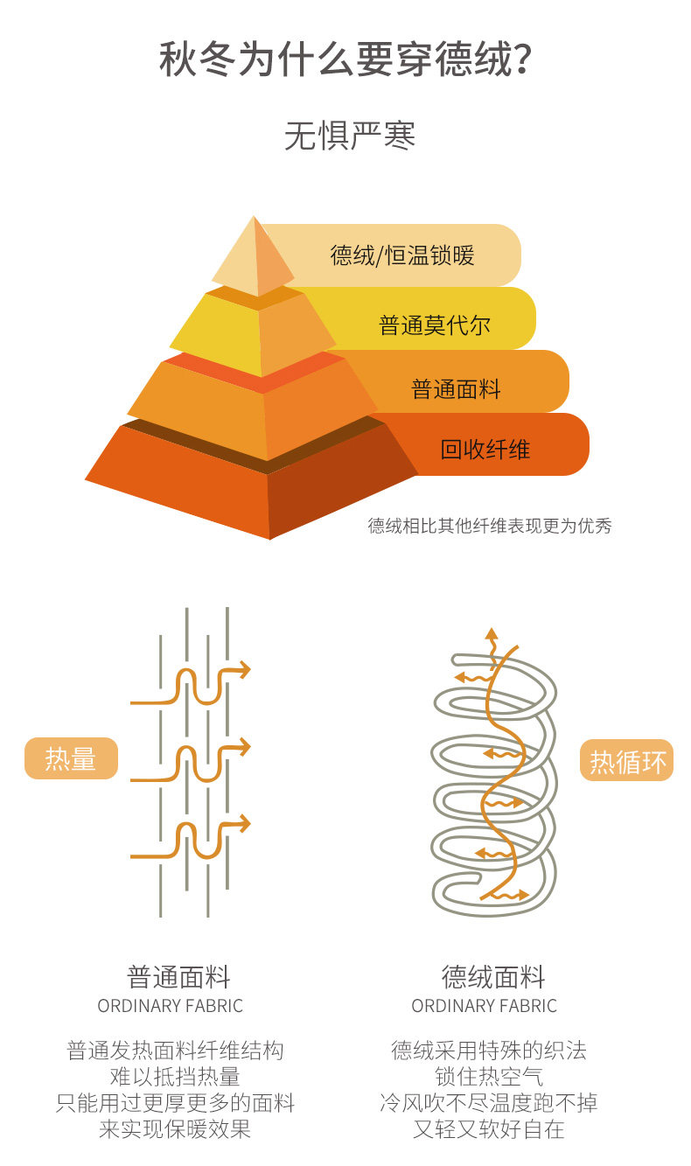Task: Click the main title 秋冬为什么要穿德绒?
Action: click(345, 59)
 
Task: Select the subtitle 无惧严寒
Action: click(349, 136)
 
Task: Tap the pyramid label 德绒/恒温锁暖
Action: click(401, 255)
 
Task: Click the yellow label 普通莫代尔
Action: click(434, 325)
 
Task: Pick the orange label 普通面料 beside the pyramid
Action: click(456, 388)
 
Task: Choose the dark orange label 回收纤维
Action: click(485, 450)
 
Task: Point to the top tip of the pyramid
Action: click(255, 220)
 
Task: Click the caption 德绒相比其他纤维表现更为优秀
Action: click(489, 526)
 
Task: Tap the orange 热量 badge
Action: click(70, 758)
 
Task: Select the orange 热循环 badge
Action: click(627, 762)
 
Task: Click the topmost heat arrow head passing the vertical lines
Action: click(244, 671)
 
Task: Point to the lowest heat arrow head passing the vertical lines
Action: click(244, 824)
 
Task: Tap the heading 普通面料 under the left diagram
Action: click(178, 976)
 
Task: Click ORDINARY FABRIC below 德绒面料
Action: click(484, 1006)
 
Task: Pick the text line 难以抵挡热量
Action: click(175, 1076)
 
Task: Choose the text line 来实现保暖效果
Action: click(175, 1129)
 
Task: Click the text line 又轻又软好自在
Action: click(489, 1129)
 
